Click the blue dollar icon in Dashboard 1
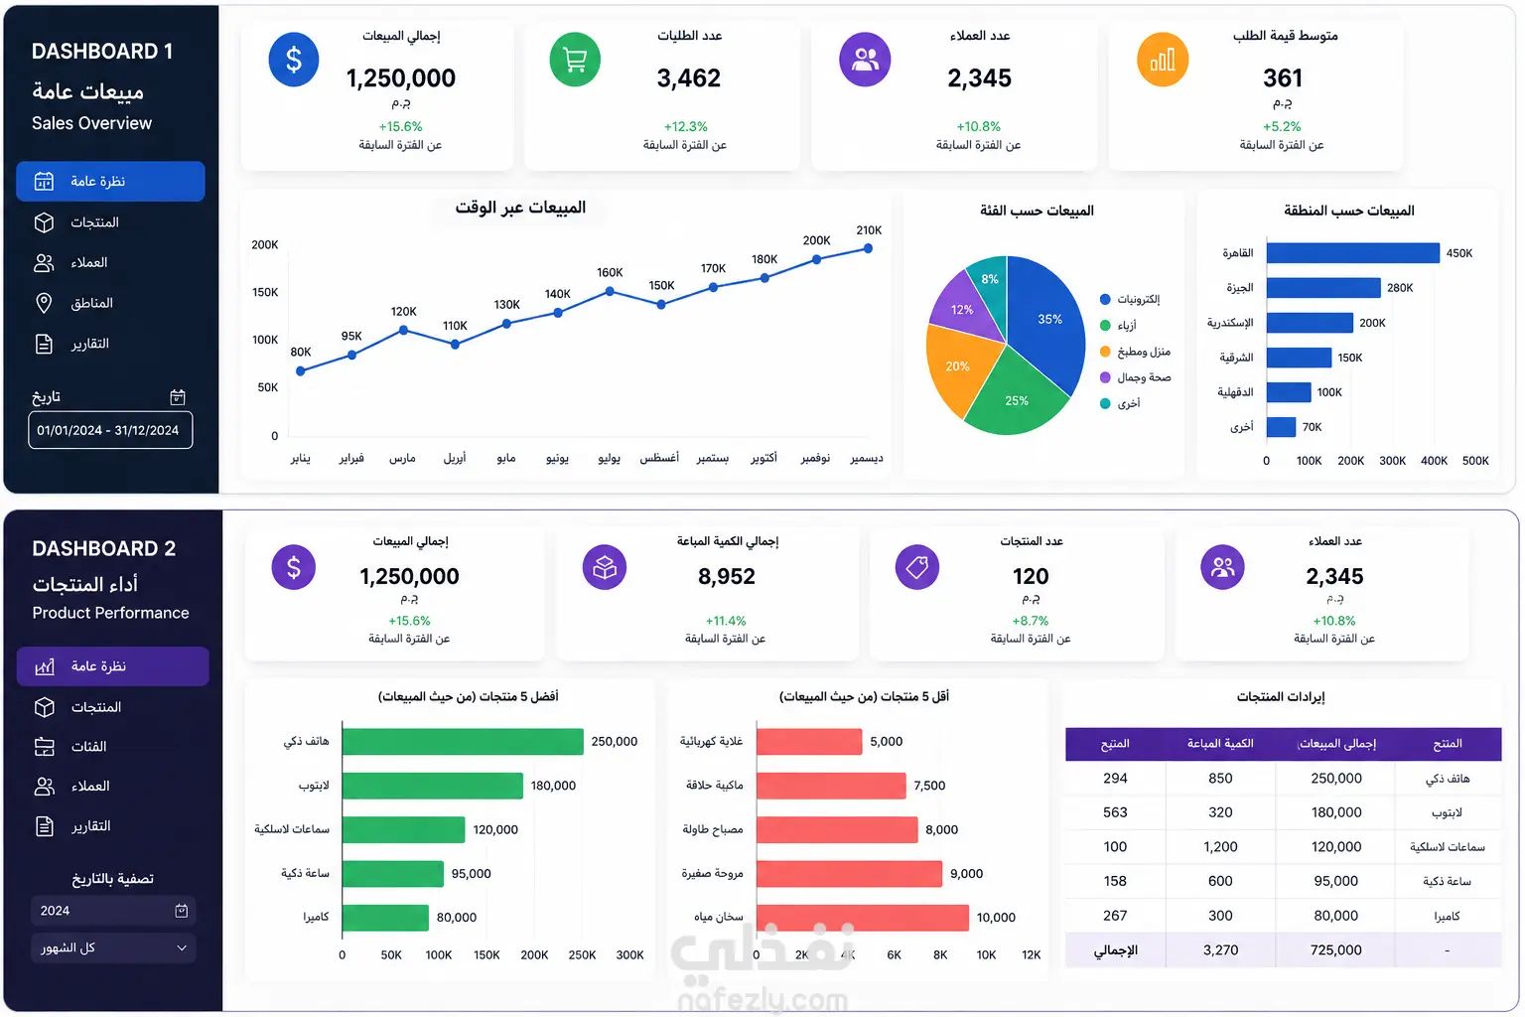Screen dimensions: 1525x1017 [x=294, y=60]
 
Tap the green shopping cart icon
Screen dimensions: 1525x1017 [x=575, y=60]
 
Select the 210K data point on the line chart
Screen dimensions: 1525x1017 [x=868, y=248]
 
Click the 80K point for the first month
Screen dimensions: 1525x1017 [x=300, y=371]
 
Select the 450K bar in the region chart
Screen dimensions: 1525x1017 [x=1353, y=252]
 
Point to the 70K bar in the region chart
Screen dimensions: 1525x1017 [x=1281, y=427]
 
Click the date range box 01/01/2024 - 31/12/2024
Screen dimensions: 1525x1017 [x=110, y=430]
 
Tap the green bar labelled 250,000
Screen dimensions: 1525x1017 [x=463, y=741]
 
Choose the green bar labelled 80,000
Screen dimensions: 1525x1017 [x=385, y=917]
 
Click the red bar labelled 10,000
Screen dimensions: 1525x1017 [x=862, y=917]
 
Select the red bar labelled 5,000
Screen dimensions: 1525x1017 [x=809, y=741]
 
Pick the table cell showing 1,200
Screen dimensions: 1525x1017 [x=1220, y=847]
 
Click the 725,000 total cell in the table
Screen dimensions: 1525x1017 [x=1335, y=949]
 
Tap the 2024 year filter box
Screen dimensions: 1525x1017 [x=113, y=911]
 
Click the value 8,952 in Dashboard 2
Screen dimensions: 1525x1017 [x=727, y=576]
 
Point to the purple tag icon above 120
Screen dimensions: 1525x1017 [x=916, y=567]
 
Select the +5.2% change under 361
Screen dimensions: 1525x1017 [x=1282, y=127]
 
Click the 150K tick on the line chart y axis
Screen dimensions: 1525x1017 [x=265, y=292]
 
